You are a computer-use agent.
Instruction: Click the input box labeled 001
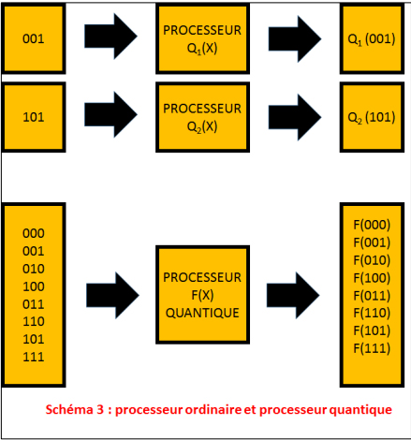(x=33, y=39)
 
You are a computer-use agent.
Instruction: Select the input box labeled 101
(x=33, y=117)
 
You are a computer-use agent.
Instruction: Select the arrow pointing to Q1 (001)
(x=296, y=37)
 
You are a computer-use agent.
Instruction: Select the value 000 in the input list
(x=33, y=231)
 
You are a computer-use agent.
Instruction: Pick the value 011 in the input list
(x=33, y=302)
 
